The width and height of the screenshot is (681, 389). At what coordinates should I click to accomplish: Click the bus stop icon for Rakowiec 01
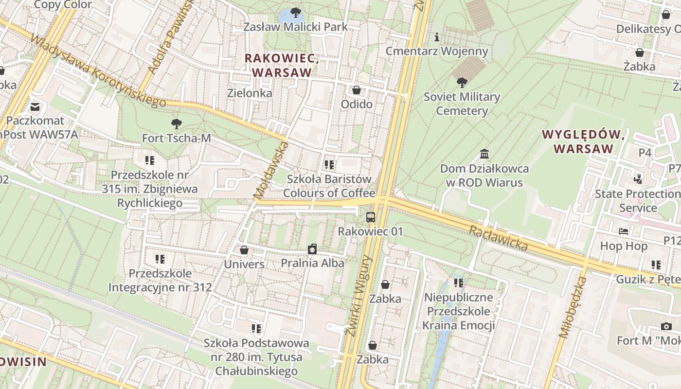pos(371,217)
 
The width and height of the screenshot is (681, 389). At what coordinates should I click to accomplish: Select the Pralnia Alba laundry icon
pos(312,249)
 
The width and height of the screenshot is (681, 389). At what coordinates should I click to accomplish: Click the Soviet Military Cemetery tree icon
pos(462,83)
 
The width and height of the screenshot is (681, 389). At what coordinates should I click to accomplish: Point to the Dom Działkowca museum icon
pos(484,154)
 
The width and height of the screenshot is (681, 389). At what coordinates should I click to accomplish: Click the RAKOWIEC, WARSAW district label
pos(282,65)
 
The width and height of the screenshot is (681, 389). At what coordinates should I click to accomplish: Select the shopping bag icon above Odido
pos(357,90)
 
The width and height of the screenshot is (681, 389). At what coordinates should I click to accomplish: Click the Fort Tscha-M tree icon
pos(176,124)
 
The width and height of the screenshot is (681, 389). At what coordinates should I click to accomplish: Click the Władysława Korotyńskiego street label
pos(97,71)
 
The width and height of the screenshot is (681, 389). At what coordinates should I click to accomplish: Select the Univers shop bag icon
pos(244,250)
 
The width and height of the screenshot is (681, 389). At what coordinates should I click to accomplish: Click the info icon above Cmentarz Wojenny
pos(437,37)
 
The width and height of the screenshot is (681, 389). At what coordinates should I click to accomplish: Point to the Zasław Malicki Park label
pos(296,27)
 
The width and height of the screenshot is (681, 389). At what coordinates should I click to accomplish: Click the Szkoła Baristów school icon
pos(329,165)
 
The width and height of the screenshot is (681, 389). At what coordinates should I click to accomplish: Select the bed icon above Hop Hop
pos(624,231)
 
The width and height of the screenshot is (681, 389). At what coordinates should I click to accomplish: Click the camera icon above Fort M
pos(666,326)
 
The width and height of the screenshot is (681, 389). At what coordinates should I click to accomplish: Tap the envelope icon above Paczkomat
pos(35,106)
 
